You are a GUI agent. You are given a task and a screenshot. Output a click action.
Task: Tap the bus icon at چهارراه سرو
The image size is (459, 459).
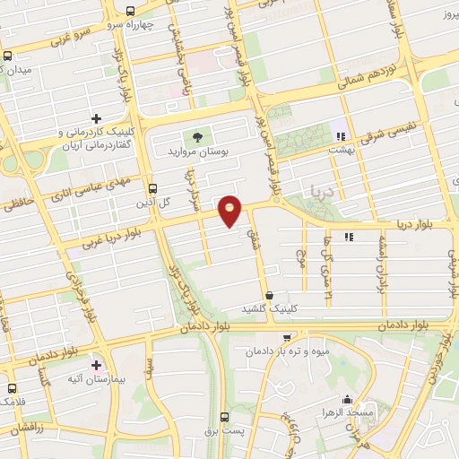pyautogui.click(x=131, y=12)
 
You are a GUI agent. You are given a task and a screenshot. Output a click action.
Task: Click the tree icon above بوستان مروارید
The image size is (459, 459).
pyautogui.click(x=195, y=137)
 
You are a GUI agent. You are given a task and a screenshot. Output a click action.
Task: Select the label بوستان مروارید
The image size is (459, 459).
pyautogui.click(x=197, y=152)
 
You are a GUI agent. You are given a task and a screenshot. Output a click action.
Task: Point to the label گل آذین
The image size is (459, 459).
pyautogui.click(x=152, y=204)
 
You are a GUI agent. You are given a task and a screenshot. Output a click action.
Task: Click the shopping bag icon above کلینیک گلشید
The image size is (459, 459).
pyautogui.click(x=270, y=294)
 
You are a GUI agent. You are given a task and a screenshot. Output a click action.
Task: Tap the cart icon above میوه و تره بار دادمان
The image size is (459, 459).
pyautogui.click(x=286, y=337)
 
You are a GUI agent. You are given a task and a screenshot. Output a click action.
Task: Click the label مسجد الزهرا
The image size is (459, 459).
pyautogui.click(x=325, y=412)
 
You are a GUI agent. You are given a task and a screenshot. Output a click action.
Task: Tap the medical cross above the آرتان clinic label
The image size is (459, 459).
pyautogui.click(x=97, y=118)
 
